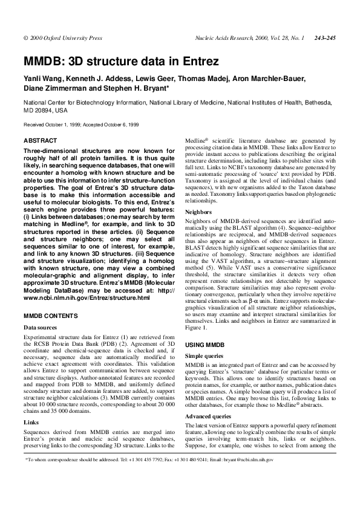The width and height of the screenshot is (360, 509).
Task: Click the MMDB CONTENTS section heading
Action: tap(50, 316)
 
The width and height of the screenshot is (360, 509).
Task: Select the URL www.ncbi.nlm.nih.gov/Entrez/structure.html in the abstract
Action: tap(86, 298)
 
